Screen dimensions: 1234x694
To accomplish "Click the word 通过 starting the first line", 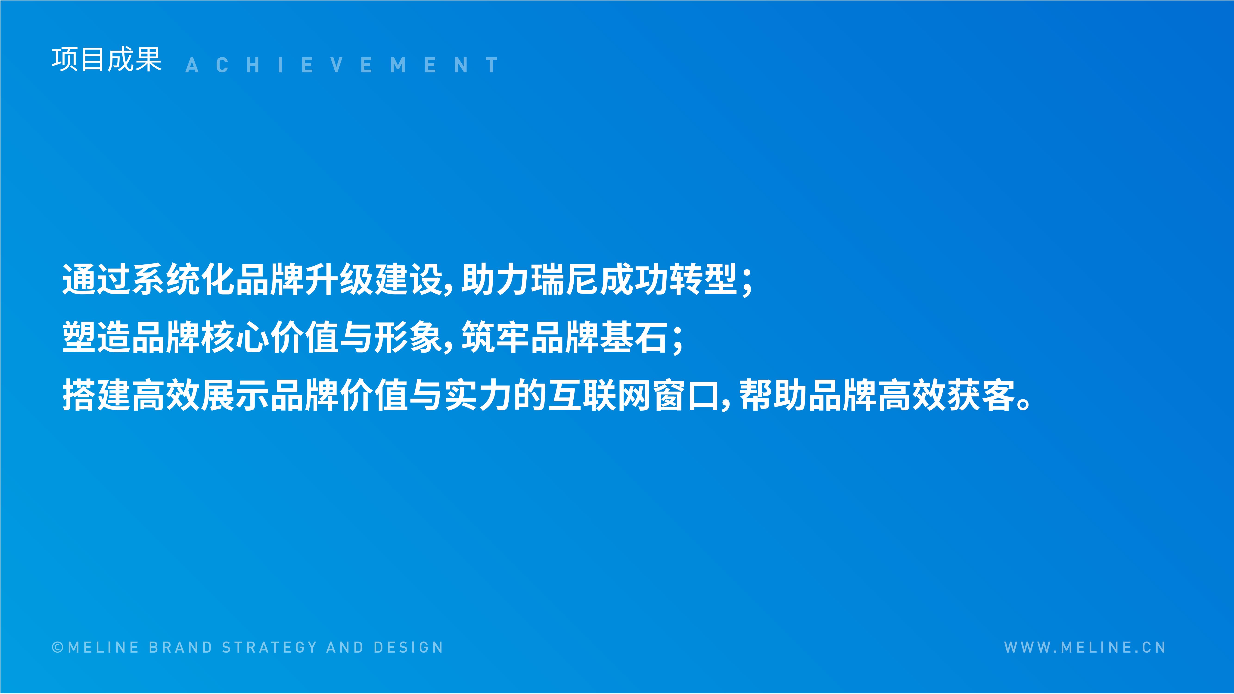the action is pos(97,279).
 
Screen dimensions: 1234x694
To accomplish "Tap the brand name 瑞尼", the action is pos(565,279).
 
